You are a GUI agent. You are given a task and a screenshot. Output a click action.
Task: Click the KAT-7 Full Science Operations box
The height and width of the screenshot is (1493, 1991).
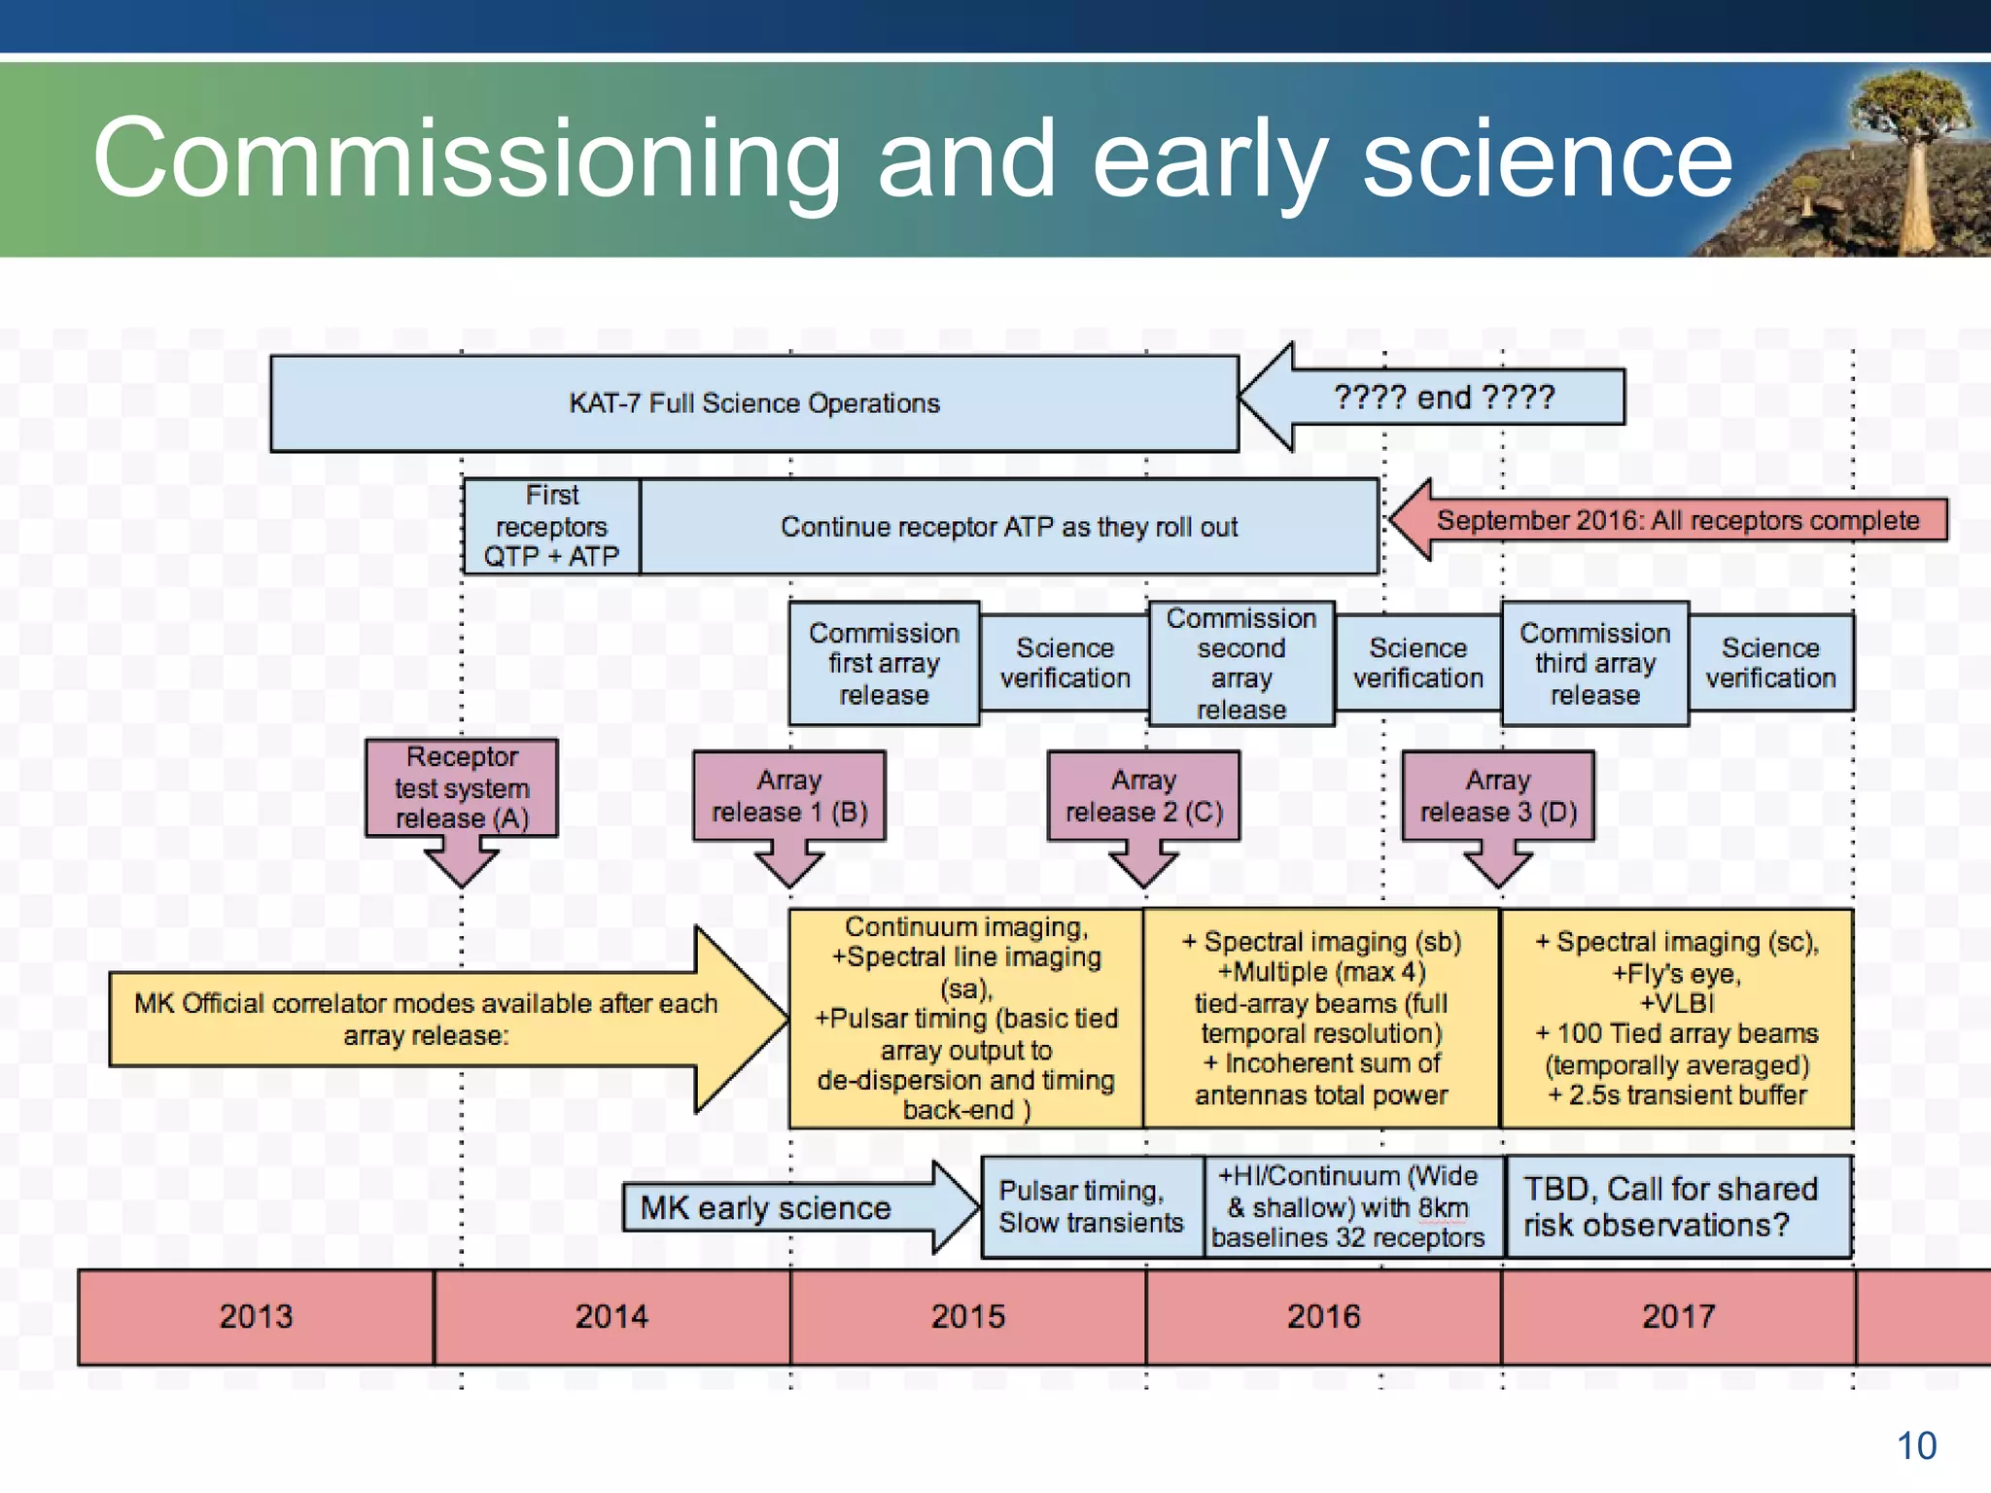coord(753,403)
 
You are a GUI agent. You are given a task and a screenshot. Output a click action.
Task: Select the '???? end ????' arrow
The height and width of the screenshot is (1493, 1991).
coord(1444,397)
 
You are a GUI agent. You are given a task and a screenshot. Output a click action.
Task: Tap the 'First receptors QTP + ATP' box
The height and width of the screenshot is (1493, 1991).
coord(551,526)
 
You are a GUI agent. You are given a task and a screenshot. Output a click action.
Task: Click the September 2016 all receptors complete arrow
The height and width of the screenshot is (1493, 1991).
coord(1677,520)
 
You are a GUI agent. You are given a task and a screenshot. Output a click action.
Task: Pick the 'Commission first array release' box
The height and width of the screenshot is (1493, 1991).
coord(884,663)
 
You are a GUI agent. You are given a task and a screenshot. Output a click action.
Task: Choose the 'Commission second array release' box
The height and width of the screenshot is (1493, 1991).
coord(1241,663)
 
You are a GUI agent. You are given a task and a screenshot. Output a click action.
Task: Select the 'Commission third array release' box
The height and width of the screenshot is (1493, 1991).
coord(1594,663)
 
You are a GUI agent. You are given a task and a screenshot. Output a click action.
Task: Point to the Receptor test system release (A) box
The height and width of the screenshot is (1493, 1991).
coord(462,787)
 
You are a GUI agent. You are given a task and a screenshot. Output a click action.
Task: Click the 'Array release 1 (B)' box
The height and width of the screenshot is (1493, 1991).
coord(789,795)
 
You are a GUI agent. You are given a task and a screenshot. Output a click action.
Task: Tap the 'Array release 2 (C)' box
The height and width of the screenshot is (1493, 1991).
coord(1144,795)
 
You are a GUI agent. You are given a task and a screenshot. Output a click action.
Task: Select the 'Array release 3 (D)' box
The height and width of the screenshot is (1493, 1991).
coord(1498,795)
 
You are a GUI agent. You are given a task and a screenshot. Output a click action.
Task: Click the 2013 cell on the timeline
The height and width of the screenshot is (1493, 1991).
coord(256,1316)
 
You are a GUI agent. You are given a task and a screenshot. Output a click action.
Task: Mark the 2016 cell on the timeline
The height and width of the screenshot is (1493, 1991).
coord(1323,1316)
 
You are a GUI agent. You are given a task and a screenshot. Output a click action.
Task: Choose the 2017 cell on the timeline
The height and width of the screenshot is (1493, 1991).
coord(1678,1316)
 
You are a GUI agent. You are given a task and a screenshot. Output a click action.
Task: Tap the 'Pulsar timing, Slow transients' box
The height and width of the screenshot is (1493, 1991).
coord(1092,1206)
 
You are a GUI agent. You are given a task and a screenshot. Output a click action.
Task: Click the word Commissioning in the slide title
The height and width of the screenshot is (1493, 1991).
coord(467,157)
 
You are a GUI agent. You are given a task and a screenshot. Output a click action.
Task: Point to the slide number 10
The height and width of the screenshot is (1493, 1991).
coord(1916,1445)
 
